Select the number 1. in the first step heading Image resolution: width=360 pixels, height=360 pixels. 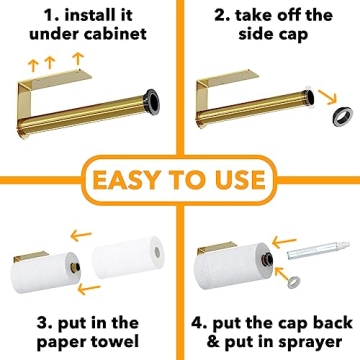(25, 16)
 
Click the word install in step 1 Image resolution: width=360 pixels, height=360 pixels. (83, 16)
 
